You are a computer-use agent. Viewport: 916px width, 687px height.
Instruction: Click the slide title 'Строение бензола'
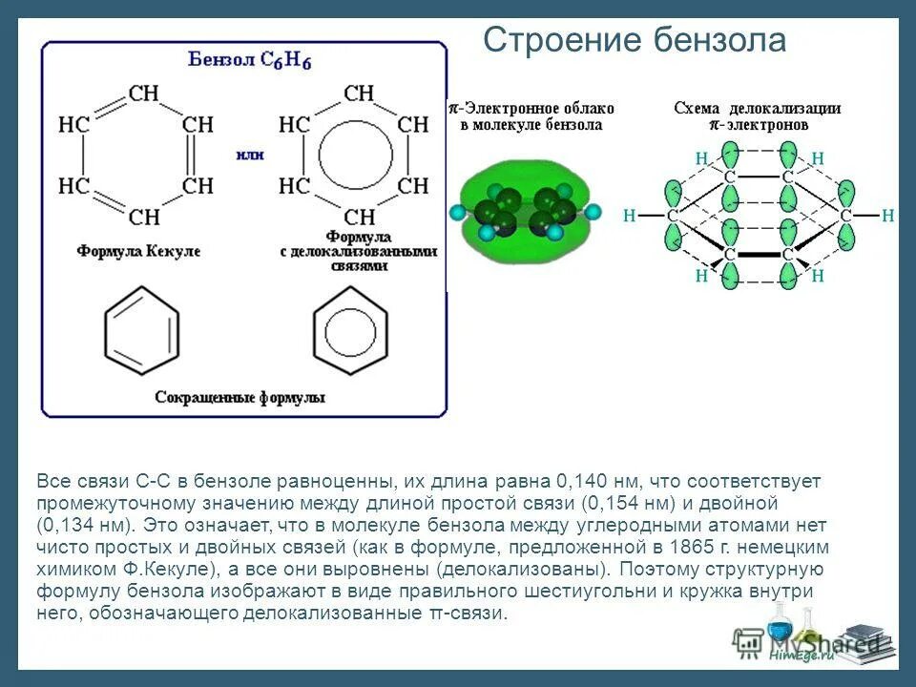(x=634, y=41)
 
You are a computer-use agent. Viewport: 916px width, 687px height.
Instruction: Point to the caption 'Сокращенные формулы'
(x=239, y=397)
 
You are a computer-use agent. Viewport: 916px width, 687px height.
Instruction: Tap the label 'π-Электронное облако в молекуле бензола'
(x=531, y=116)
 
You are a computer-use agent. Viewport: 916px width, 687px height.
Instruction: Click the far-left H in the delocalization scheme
(x=629, y=217)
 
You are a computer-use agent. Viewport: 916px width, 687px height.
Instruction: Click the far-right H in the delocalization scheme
(x=888, y=217)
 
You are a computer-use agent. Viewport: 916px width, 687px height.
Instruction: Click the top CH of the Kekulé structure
(x=143, y=94)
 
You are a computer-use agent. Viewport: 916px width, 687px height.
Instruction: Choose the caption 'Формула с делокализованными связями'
(x=360, y=251)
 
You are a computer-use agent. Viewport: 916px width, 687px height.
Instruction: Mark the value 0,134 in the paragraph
(x=73, y=525)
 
